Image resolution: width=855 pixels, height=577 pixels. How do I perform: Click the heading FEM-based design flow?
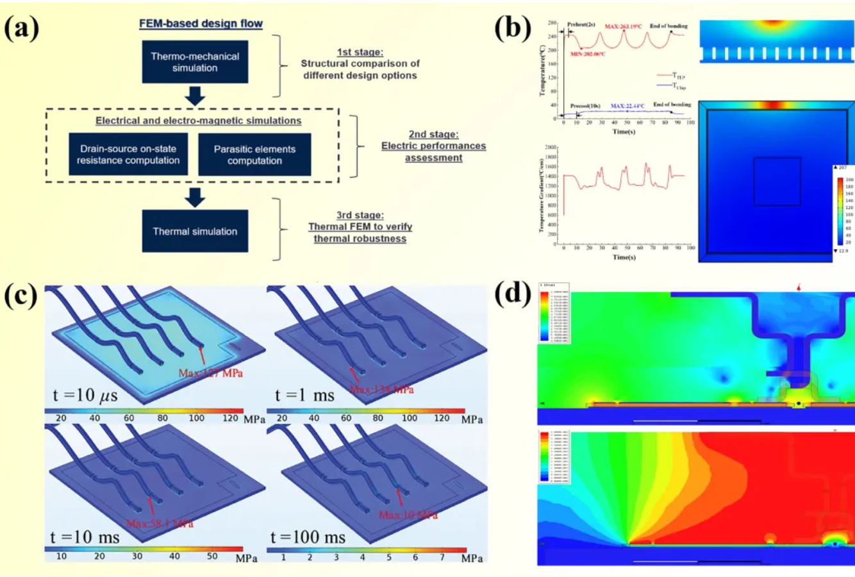201,24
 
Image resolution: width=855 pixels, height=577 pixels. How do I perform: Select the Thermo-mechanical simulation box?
195,62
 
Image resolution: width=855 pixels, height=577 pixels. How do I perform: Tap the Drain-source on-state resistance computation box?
128,155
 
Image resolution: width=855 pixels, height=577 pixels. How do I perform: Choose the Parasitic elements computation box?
254,155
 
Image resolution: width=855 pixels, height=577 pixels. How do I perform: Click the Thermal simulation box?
195,231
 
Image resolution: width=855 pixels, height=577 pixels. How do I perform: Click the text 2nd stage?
434,135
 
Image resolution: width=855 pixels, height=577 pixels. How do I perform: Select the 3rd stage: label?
360,215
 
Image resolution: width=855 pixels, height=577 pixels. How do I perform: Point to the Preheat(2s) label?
581,25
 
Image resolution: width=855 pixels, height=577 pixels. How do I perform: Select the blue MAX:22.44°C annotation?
628,105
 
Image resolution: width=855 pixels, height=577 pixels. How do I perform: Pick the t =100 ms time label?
308,536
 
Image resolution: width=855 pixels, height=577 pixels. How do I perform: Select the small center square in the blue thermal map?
777,181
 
